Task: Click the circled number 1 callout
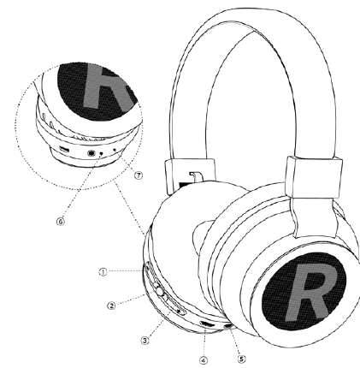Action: point(103,272)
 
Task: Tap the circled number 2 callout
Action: point(111,306)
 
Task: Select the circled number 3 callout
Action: point(145,341)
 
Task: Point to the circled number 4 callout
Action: point(204,360)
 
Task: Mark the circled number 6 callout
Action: point(61,222)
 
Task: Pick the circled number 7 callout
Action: point(139,175)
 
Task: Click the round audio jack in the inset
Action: point(91,153)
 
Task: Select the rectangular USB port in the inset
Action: point(64,149)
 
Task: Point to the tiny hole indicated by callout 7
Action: point(115,150)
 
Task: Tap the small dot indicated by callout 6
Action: point(101,154)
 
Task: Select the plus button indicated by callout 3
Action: point(179,311)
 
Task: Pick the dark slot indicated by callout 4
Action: point(208,324)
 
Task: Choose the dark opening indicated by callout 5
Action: point(228,325)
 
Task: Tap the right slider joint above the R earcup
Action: point(315,177)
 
